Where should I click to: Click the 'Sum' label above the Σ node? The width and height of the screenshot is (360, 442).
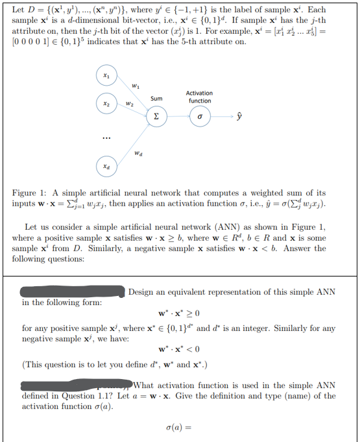[156, 99]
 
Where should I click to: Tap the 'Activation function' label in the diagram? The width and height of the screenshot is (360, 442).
[200, 97]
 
